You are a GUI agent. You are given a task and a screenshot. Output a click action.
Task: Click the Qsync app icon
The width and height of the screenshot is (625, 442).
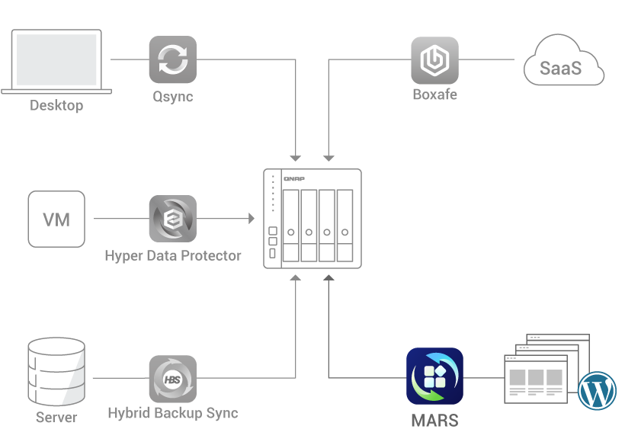(172, 59)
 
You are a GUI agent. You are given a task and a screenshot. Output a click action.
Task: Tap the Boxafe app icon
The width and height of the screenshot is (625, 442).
(434, 59)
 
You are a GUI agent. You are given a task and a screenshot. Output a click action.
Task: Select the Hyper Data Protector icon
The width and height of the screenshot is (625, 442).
(172, 219)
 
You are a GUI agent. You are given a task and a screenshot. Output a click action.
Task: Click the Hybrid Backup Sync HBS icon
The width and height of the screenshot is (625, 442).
(172, 378)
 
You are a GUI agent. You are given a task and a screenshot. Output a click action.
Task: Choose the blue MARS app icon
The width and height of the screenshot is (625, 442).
(434, 376)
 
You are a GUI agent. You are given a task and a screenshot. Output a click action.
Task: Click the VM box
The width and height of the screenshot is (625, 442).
(56, 219)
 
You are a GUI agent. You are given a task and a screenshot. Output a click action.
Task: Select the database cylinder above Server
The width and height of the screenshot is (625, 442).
(56, 373)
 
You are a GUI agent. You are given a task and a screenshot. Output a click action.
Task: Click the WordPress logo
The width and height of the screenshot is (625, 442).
(597, 391)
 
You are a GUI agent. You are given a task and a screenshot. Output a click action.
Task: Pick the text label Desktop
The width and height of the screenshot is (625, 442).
(56, 106)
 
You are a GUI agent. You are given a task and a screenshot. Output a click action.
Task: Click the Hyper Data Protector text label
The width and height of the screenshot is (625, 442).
(173, 256)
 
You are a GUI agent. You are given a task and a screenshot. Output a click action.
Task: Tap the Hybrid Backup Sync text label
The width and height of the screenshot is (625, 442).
(173, 414)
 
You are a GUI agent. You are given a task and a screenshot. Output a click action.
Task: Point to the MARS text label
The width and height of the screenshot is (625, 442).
(434, 420)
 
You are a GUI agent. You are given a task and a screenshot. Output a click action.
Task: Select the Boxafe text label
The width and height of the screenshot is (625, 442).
(434, 95)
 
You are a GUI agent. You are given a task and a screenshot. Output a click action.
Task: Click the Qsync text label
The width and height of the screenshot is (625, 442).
(172, 97)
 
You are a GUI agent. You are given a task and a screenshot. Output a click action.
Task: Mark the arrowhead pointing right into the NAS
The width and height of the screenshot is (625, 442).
(251, 219)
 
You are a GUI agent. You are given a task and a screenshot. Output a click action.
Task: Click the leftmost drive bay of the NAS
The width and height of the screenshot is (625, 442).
(290, 226)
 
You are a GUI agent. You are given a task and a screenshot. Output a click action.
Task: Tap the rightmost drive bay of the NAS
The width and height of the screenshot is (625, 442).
(345, 226)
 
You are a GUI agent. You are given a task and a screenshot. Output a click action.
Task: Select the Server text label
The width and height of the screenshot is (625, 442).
(56, 418)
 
